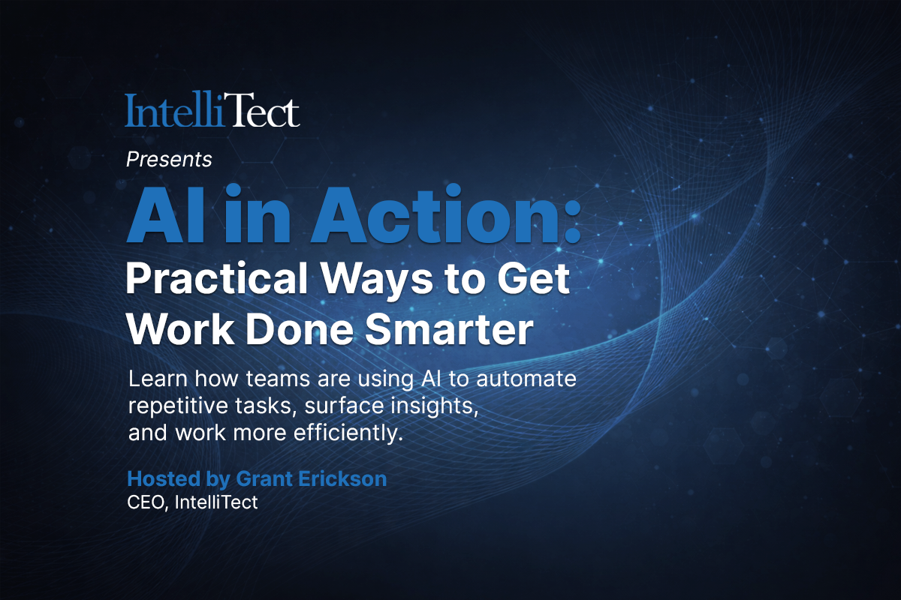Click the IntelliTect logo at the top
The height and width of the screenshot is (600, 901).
(x=212, y=109)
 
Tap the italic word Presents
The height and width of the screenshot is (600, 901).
(x=169, y=160)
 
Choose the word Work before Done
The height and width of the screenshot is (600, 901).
(x=179, y=329)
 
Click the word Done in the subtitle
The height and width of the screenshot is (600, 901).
(x=300, y=329)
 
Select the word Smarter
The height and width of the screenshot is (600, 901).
(x=449, y=329)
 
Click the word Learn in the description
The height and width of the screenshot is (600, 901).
(x=158, y=379)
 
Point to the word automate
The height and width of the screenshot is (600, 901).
(x=526, y=379)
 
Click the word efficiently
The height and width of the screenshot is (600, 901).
(x=348, y=433)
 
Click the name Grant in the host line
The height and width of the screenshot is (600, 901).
(x=264, y=478)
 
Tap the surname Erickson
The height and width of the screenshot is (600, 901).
(x=342, y=478)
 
